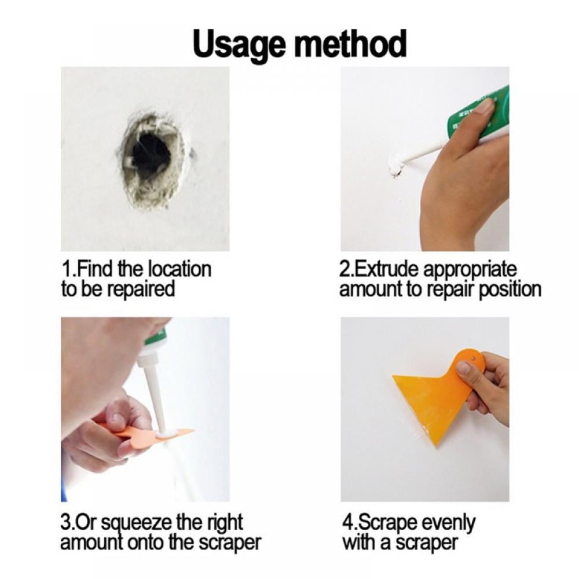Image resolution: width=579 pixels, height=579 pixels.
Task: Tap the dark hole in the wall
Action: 151,155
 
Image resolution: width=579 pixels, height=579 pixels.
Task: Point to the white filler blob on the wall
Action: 394,166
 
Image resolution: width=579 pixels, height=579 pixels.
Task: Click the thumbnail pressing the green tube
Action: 484,107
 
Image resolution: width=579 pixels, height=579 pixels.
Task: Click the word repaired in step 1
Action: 141,289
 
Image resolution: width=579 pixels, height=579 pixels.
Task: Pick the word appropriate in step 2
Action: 470,270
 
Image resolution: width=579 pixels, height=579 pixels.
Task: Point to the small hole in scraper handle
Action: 472,359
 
